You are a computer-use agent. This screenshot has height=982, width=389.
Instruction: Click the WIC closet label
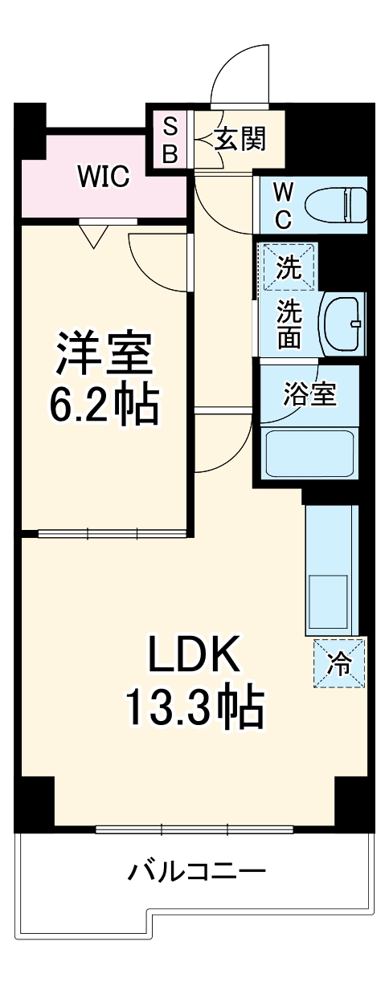tap(104, 176)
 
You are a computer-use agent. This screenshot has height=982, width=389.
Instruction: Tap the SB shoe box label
tap(170, 139)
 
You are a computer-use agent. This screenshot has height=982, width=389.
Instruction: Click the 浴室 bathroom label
tap(309, 394)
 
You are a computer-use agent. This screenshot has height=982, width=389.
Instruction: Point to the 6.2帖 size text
tap(104, 406)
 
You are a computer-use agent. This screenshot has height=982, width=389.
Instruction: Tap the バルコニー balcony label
tap(197, 870)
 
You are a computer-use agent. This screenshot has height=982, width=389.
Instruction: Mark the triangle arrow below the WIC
tap(95, 235)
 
